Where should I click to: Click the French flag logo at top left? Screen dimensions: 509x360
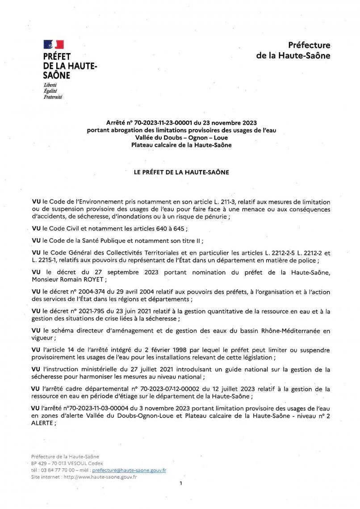(53, 44)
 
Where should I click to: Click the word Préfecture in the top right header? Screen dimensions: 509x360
(309, 45)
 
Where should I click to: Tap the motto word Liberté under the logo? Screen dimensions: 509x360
(50, 85)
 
